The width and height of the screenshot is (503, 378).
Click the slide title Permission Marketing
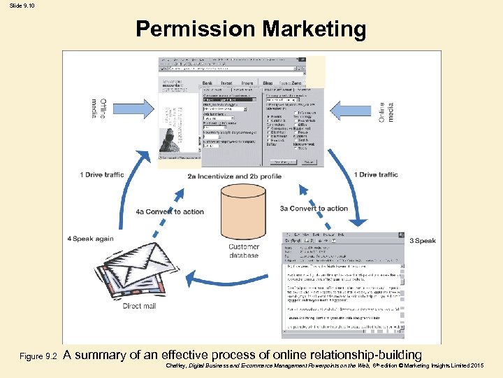(251, 29)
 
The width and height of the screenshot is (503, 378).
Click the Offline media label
(99, 108)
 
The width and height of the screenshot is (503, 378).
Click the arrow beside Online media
(352, 111)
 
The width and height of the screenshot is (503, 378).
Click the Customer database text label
(244, 251)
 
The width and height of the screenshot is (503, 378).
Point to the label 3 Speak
(423, 241)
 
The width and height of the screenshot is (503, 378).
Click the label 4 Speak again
(91, 239)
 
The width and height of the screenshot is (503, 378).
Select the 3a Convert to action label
(314, 208)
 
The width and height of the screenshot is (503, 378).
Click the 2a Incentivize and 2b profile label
(234, 176)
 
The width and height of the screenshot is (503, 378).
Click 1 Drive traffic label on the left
(102, 174)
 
